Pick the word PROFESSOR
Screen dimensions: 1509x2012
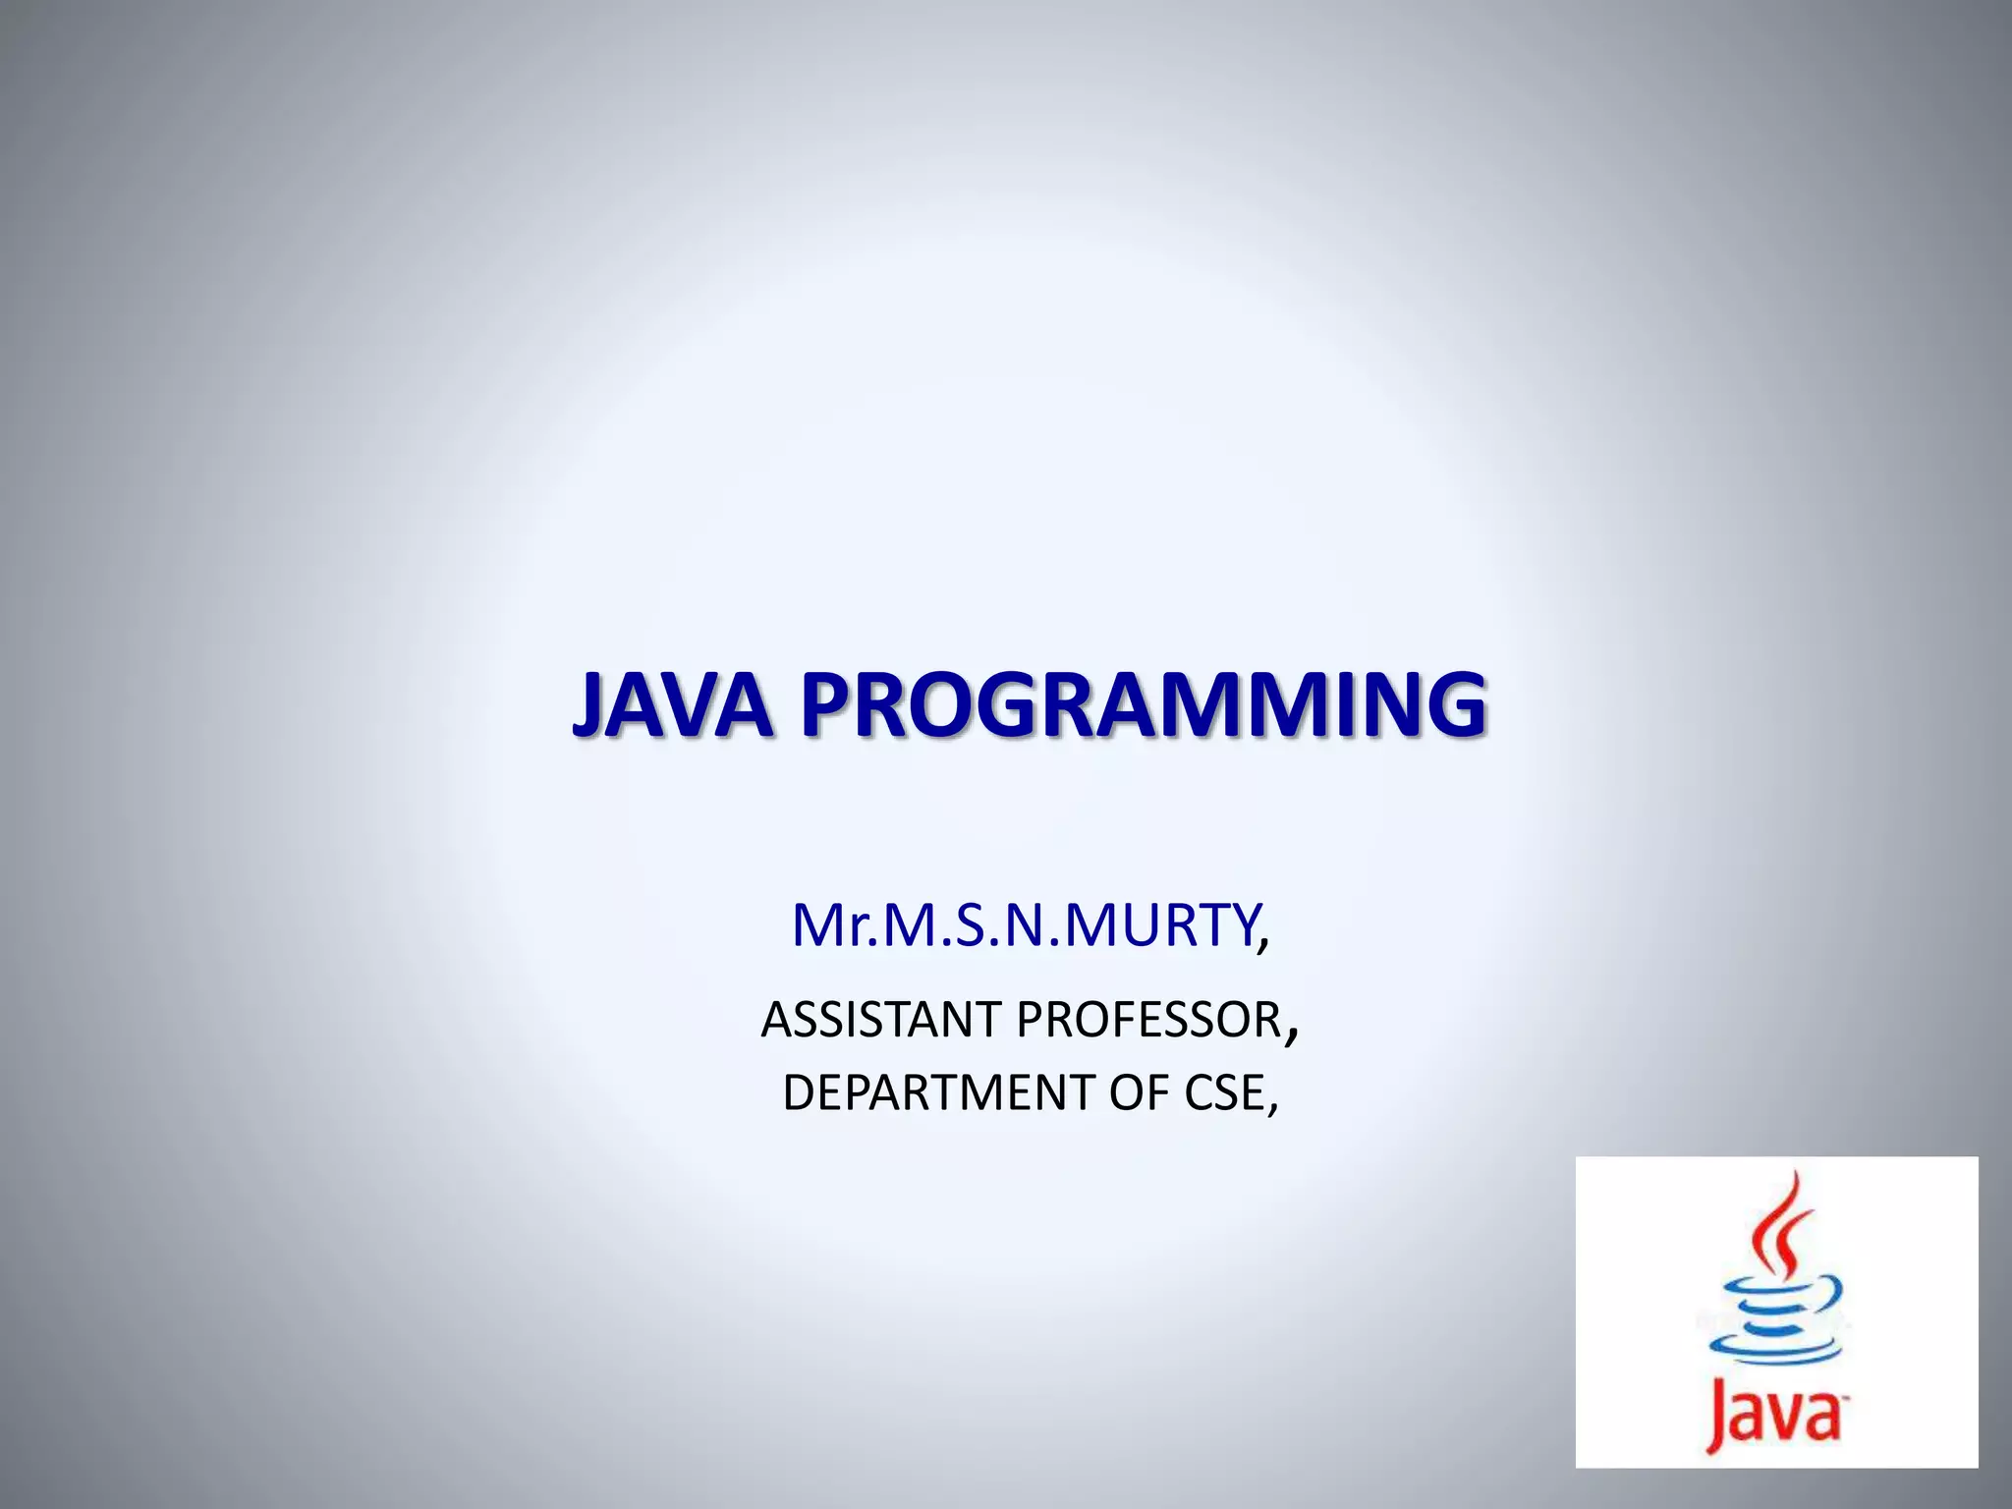coord(1148,1020)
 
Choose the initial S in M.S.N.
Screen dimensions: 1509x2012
coord(969,925)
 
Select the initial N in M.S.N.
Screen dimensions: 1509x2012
coord(1026,925)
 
